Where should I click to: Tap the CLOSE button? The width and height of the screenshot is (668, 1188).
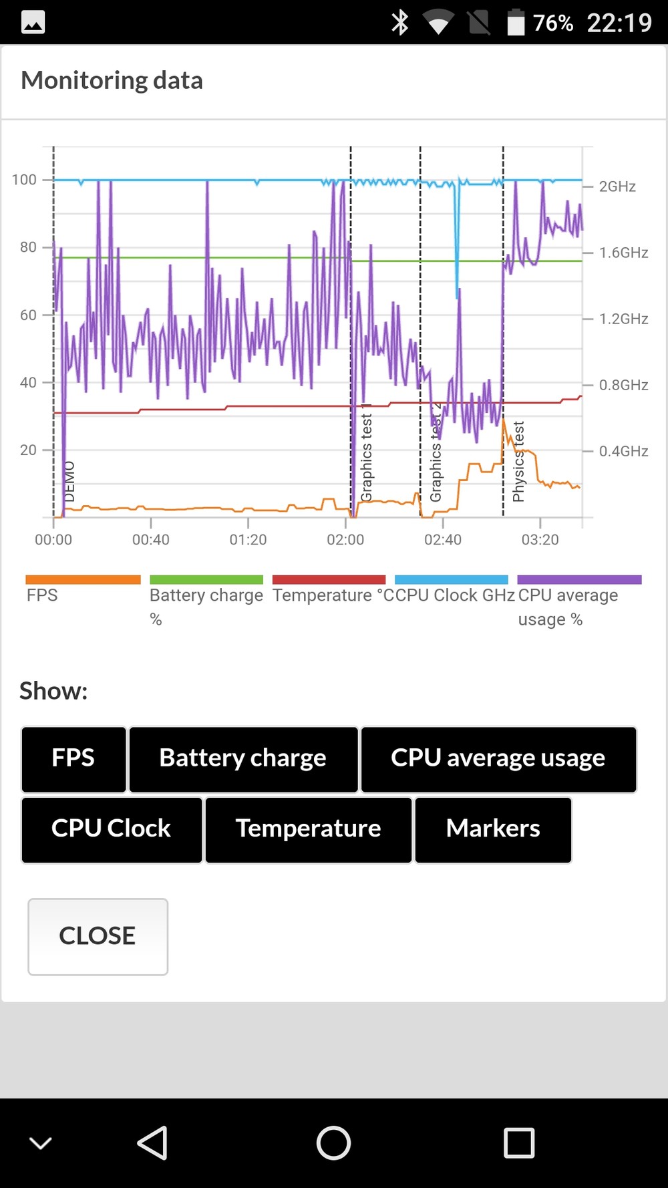tap(98, 936)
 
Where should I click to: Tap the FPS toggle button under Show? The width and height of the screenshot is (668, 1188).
tap(73, 759)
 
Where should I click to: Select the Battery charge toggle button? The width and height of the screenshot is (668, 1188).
tap(243, 759)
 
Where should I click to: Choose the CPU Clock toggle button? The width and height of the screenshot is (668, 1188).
tap(112, 829)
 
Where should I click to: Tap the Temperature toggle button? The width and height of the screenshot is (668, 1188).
tap(308, 829)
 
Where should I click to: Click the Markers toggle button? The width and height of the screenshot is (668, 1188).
tap(493, 829)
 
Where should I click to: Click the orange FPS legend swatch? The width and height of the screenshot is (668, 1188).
tap(83, 579)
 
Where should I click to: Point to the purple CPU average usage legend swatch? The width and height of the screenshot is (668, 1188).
tap(579, 579)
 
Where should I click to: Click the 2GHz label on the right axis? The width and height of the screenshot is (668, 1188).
tap(617, 186)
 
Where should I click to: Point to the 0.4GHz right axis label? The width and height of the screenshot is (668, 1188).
tap(623, 451)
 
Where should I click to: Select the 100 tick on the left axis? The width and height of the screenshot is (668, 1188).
tap(24, 180)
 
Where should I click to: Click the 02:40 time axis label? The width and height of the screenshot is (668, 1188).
tap(443, 540)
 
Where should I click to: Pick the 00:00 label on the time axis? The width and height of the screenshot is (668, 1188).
tap(53, 540)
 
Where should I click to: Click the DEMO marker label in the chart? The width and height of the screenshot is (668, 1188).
tap(69, 481)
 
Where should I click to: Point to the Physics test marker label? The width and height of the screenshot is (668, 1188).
tap(518, 461)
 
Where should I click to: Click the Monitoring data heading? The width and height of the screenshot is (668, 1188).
tap(112, 81)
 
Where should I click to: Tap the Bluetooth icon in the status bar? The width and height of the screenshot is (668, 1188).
tap(400, 23)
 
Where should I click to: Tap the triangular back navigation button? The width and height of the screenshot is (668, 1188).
tap(152, 1143)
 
